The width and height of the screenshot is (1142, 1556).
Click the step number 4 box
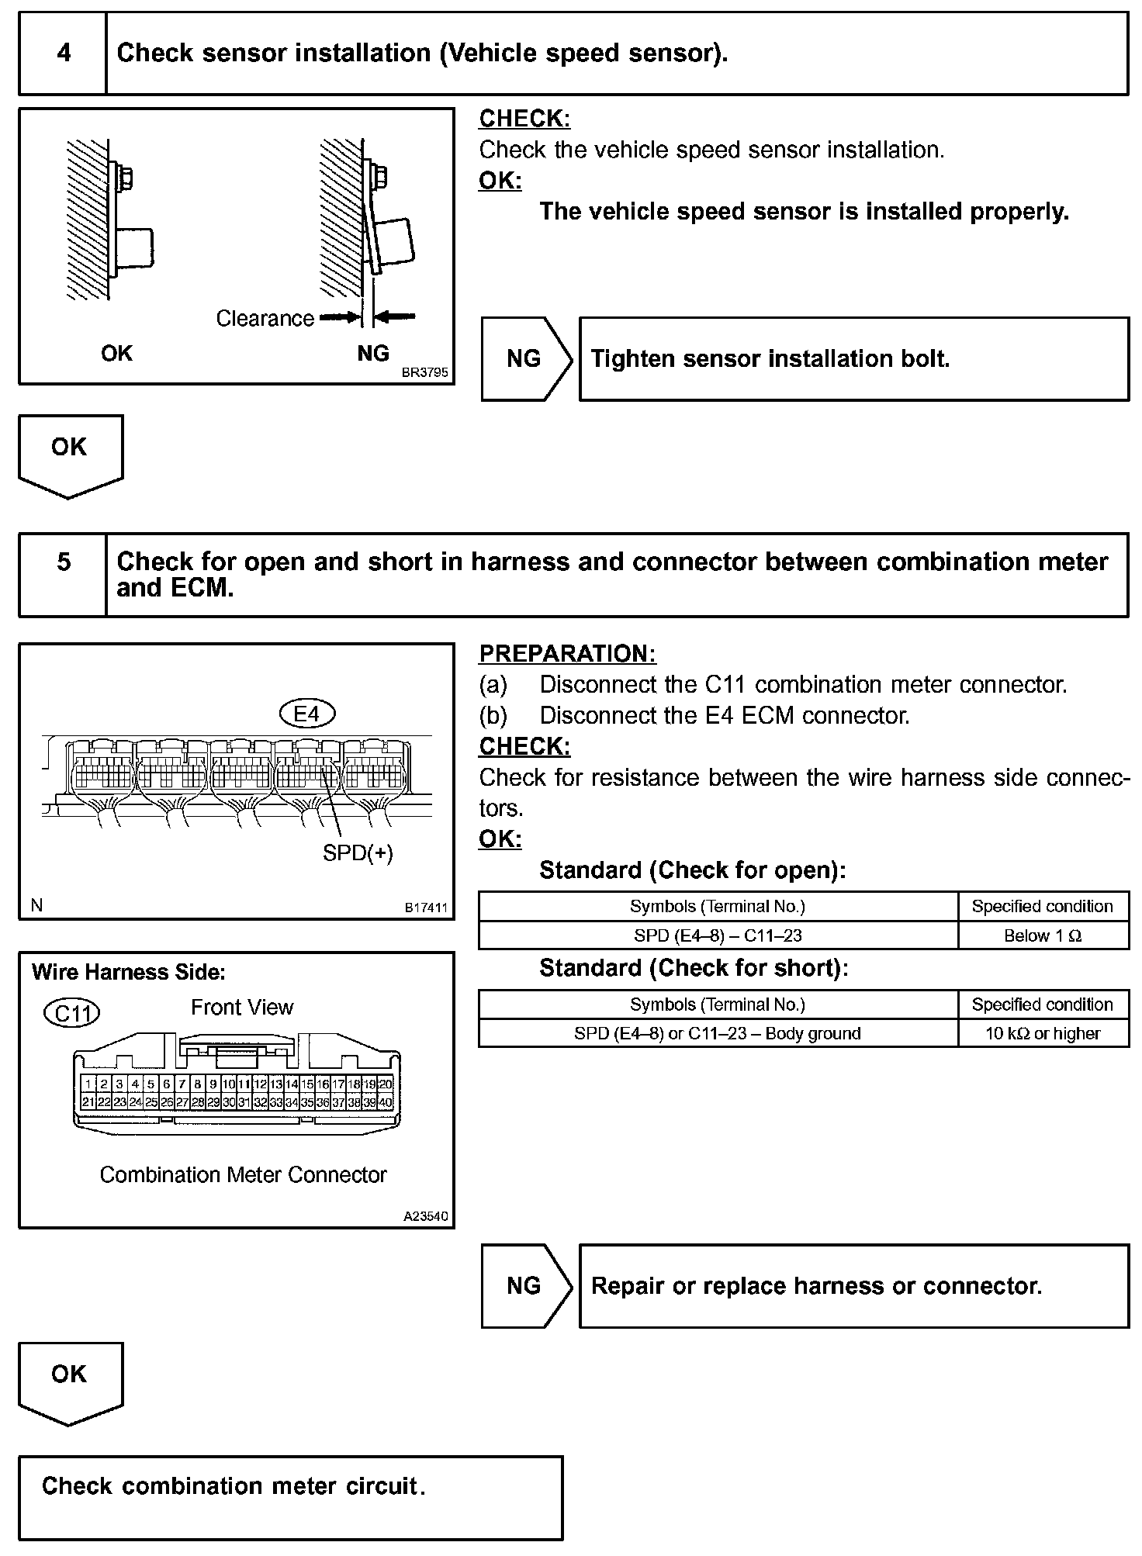click(x=63, y=54)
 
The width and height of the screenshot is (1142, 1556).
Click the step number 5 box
click(x=63, y=575)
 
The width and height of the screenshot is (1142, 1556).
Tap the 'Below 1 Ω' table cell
click(x=1043, y=935)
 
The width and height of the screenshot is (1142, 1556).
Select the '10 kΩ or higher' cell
click(x=1043, y=1033)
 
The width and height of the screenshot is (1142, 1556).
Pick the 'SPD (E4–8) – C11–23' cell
click(x=718, y=935)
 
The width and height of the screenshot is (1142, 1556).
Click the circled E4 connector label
click(x=307, y=714)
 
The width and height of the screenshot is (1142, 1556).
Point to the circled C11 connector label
click(x=72, y=1013)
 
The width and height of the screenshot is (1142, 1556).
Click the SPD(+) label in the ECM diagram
click(x=358, y=853)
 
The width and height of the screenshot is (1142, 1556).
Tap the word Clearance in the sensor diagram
click(x=265, y=319)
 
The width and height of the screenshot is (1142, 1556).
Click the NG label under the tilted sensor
click(x=373, y=354)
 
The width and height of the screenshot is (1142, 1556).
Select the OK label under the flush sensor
click(x=116, y=354)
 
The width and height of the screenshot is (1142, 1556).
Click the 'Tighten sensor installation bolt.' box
click(x=853, y=359)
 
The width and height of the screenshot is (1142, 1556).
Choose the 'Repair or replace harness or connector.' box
click(x=853, y=1286)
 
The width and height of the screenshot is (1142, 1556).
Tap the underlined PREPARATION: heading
click(x=567, y=654)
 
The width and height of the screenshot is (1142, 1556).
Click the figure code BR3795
click(x=424, y=373)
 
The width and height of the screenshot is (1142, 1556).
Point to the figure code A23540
click(x=425, y=1217)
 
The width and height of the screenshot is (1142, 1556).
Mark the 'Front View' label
click(x=242, y=1008)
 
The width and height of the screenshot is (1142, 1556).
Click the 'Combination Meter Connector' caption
click(x=243, y=1175)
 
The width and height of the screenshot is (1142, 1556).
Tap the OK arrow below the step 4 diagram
click(x=70, y=455)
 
